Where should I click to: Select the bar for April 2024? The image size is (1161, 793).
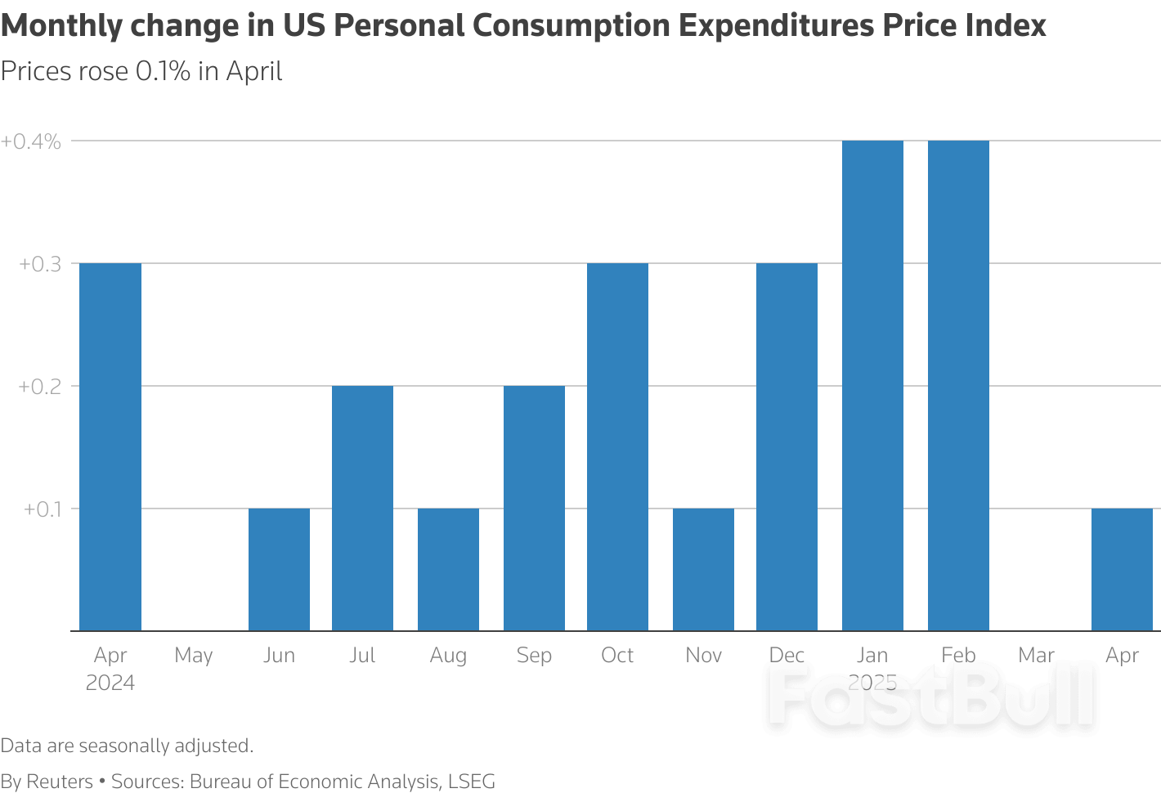(x=110, y=446)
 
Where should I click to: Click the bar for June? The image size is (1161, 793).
(x=279, y=569)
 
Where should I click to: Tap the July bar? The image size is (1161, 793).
(x=362, y=508)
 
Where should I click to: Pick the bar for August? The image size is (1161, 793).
(x=448, y=569)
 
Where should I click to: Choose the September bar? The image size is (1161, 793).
(x=534, y=508)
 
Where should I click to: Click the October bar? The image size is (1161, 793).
(x=617, y=446)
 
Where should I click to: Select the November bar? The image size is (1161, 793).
(x=703, y=569)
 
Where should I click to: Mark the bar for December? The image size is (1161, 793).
(x=787, y=446)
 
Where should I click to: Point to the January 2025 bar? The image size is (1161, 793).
(x=872, y=385)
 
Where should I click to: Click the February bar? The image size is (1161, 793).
(x=958, y=385)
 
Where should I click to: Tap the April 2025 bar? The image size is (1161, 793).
(x=1122, y=569)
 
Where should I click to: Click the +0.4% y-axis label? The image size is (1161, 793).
(x=31, y=141)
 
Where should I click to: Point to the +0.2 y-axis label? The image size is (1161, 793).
(x=40, y=386)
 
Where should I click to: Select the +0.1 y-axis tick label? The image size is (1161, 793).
(x=43, y=509)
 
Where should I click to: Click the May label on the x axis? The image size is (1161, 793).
(x=194, y=656)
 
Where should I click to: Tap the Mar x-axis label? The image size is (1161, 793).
(x=1036, y=656)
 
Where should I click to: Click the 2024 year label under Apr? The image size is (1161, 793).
(x=110, y=683)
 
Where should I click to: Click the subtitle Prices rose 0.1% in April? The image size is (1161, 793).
(x=141, y=72)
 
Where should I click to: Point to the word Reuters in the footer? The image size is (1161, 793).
(x=60, y=782)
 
